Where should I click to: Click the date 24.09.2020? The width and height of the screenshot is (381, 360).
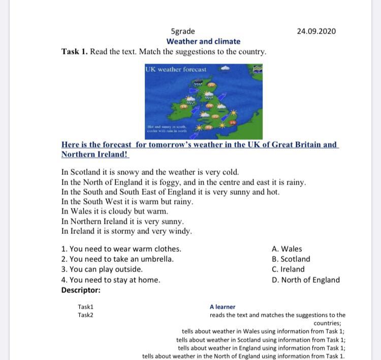[316, 31]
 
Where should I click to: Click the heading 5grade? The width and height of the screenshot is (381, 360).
[183, 31]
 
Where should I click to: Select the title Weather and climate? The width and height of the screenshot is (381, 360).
[203, 41]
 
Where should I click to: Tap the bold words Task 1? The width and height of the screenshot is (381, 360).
[74, 52]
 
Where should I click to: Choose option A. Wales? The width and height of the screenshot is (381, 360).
[287, 249]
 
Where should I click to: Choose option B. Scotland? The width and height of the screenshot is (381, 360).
[291, 259]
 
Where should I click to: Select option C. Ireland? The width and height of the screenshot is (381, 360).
[288, 269]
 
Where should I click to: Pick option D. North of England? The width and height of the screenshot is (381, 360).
[306, 280]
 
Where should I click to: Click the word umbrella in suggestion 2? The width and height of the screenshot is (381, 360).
[157, 259]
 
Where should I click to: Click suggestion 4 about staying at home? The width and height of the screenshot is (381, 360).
[111, 280]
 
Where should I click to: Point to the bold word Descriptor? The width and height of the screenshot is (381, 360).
[81, 290]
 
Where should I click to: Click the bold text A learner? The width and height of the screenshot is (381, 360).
[223, 307]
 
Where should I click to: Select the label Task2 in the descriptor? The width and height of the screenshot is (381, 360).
[85, 315]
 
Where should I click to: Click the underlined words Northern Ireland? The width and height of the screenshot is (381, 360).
[95, 154]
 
